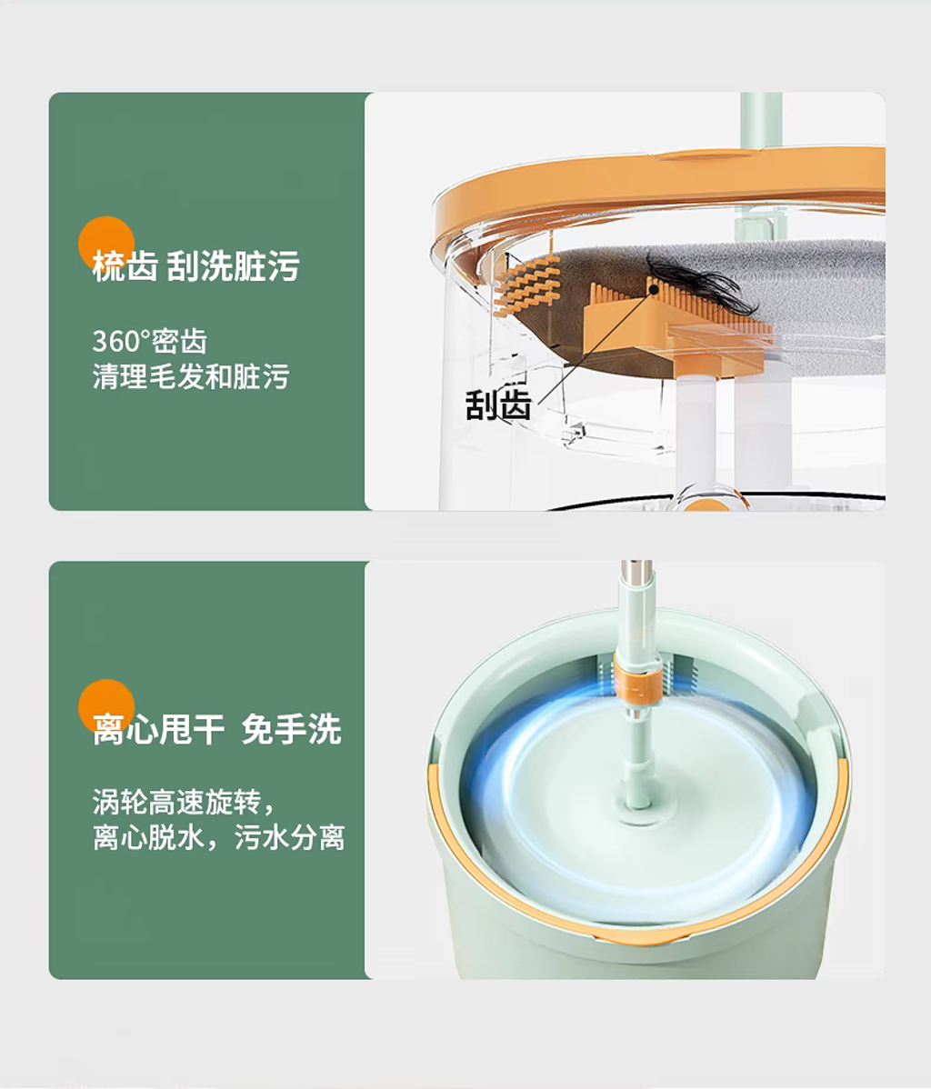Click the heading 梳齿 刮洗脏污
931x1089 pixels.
pyautogui.click(x=195, y=266)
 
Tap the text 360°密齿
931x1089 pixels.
pyautogui.click(x=149, y=341)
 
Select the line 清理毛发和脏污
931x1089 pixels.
pyautogui.click(x=190, y=376)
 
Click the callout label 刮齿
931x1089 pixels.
pyautogui.click(x=497, y=405)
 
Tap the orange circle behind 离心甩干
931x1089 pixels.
pyautogui.click(x=106, y=707)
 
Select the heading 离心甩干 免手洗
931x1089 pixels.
pyautogui.click(x=216, y=729)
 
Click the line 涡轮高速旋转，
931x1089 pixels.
pyautogui.click(x=185, y=802)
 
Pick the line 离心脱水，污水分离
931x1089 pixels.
pyautogui.click(x=219, y=837)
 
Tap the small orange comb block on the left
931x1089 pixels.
pyautogui.click(x=526, y=285)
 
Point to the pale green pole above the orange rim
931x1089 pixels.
pyautogui.click(x=762, y=119)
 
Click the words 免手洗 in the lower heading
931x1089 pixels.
pyautogui.click(x=291, y=729)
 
